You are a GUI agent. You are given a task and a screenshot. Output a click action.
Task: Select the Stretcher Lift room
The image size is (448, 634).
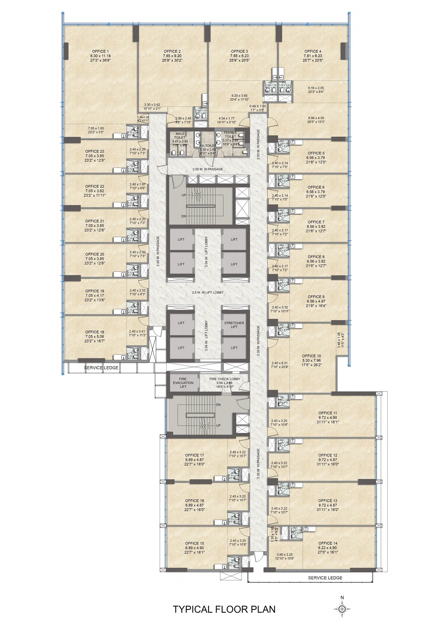[234, 325]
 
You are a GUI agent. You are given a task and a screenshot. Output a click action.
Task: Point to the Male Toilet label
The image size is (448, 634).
[180, 136]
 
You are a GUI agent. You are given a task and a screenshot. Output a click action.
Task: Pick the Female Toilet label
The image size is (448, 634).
[230, 134]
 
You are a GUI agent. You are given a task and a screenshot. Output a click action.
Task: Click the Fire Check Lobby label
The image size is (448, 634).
[225, 379]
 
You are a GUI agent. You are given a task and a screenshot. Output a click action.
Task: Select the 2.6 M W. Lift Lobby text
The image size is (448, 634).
[207, 292]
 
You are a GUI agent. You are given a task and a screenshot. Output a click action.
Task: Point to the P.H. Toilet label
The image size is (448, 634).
[208, 146]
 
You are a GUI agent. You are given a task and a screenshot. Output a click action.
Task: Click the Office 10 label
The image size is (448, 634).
[311, 356]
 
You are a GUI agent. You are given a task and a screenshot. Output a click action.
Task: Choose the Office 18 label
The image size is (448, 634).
[95, 332]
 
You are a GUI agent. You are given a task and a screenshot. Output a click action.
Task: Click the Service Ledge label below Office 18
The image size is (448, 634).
[101, 368]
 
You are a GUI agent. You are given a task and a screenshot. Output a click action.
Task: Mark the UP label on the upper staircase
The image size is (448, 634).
[183, 195]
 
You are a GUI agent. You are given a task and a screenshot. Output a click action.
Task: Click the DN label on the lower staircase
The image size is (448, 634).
[218, 405]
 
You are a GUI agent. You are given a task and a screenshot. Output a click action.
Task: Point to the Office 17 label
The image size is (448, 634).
[194, 455]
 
